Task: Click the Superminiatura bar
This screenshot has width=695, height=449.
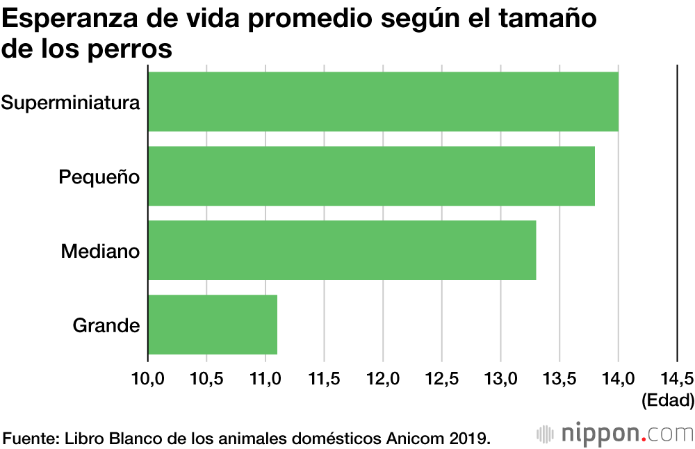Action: (x=383, y=101)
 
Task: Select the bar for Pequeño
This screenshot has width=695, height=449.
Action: (x=371, y=176)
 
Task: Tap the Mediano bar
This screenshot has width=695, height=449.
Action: (x=342, y=250)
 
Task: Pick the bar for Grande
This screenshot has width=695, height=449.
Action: (x=213, y=325)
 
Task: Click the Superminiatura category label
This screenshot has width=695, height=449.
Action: (x=71, y=103)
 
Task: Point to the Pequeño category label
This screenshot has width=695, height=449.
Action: (x=99, y=177)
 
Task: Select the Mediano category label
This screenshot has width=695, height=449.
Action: (x=101, y=251)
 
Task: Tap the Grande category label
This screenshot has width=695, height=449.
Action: (x=106, y=325)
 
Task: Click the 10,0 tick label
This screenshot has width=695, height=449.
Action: (x=147, y=379)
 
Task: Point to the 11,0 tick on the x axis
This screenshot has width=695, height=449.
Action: (x=265, y=379)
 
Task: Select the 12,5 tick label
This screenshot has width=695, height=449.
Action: (x=442, y=379)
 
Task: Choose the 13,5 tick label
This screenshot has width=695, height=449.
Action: (x=559, y=379)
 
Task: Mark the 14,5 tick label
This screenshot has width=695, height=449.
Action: (x=677, y=379)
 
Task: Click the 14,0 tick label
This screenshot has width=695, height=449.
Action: (x=619, y=379)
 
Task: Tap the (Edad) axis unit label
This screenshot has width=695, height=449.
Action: (x=668, y=400)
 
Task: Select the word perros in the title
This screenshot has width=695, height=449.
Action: (x=132, y=51)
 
